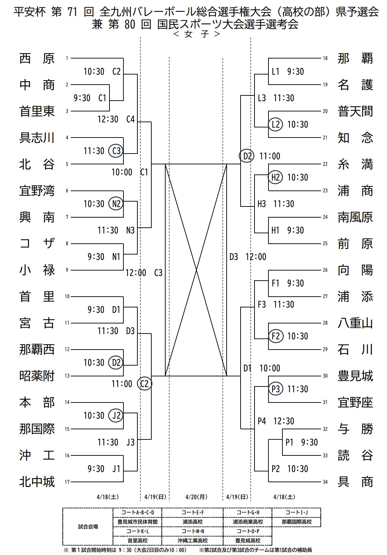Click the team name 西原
tap(37, 58)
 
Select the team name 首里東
tap(37, 111)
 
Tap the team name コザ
tap(37, 244)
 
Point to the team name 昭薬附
tap(37, 376)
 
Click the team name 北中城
tap(37, 482)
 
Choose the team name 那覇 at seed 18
tap(355, 58)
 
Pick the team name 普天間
tap(355, 111)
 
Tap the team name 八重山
tap(355, 323)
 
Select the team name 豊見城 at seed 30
tap(355, 376)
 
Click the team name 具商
tap(355, 482)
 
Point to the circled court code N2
tap(116, 204)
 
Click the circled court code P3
tap(275, 389)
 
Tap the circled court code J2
tap(116, 415)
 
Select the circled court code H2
tap(275, 177)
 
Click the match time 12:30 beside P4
tap(284, 421)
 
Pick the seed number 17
tap(67, 482)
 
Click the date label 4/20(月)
tap(196, 497)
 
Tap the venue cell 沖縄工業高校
tap(192, 541)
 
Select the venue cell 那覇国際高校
tap(296, 522)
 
